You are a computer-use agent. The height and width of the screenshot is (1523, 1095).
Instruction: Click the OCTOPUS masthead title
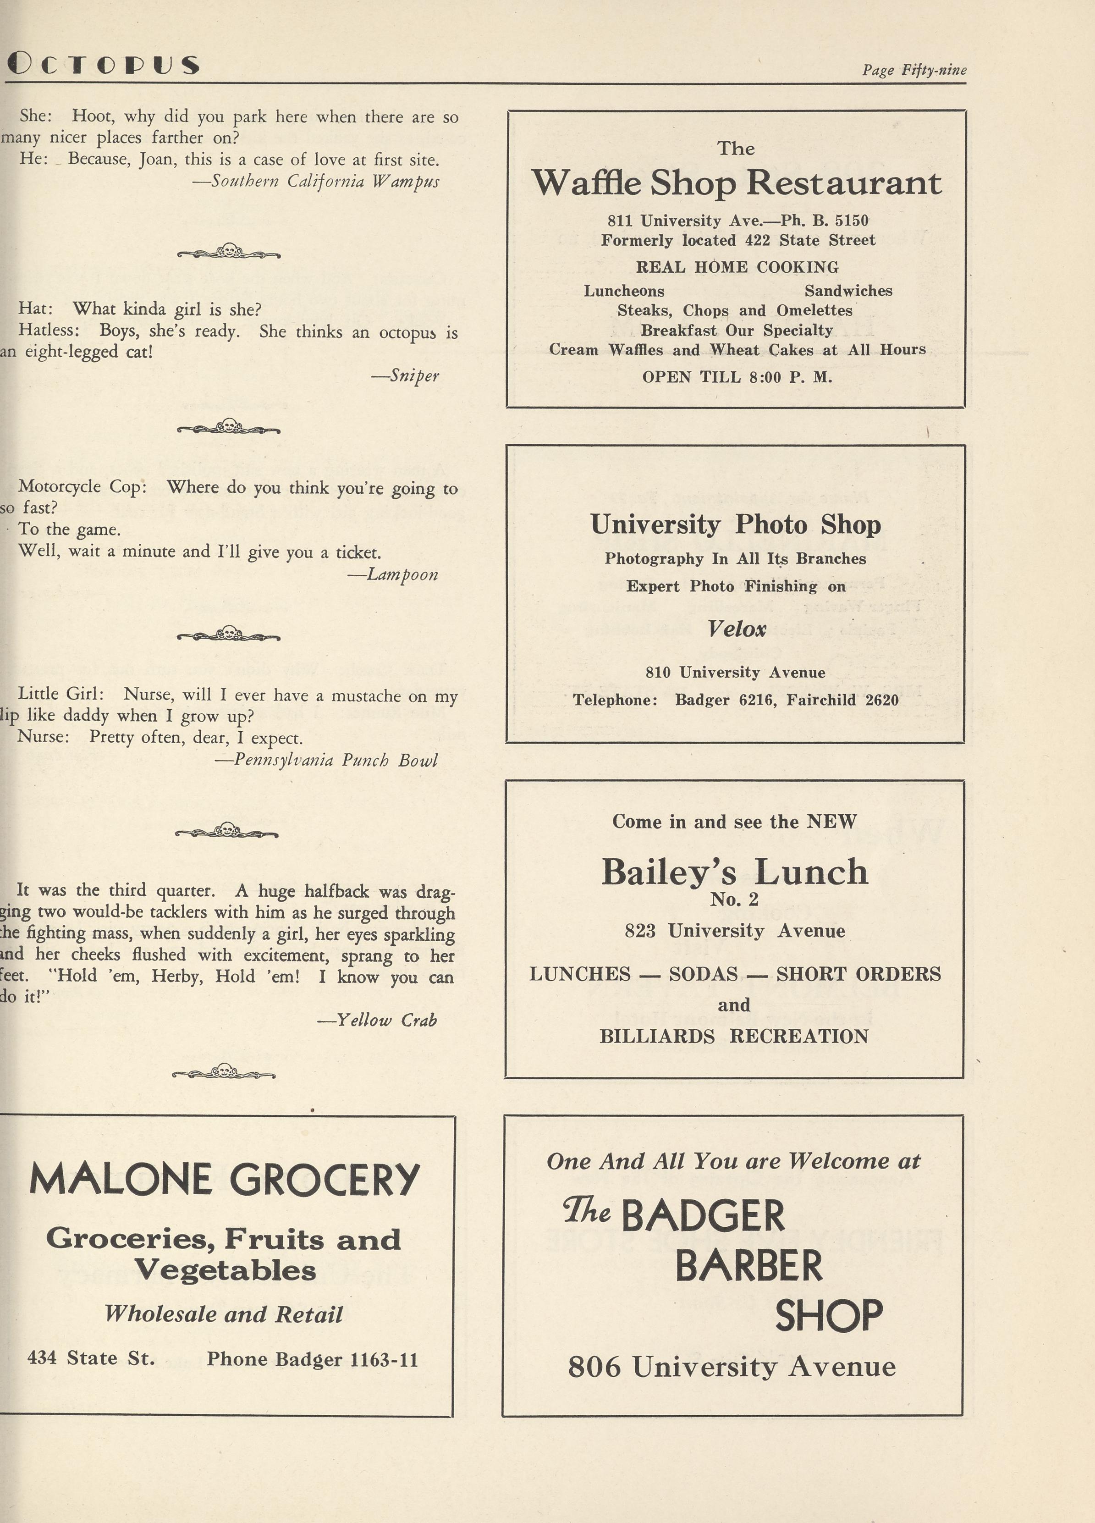tap(104, 65)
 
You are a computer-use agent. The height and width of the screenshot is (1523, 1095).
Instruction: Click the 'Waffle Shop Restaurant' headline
tap(737, 182)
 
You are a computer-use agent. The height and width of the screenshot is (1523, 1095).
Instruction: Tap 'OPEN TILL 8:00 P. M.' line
tap(737, 377)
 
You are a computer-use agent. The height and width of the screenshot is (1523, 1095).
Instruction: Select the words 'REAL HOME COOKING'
tap(737, 267)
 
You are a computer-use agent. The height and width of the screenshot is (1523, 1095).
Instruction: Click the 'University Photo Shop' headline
tap(736, 524)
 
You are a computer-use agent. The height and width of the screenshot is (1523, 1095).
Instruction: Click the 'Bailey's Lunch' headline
tap(734, 872)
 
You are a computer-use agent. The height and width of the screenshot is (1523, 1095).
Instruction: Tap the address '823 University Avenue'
tap(734, 931)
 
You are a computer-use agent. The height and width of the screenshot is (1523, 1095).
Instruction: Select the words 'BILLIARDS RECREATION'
tap(734, 1036)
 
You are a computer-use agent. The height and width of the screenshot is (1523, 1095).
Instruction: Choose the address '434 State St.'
tap(91, 1358)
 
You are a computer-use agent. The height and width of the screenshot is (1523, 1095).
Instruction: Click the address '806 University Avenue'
tap(732, 1367)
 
